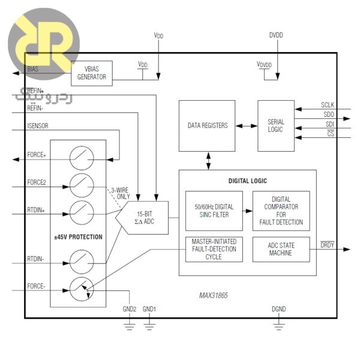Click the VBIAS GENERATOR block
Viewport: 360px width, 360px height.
[92, 73]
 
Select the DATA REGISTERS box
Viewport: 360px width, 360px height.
[208, 126]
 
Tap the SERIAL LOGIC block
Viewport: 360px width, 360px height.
[276, 126]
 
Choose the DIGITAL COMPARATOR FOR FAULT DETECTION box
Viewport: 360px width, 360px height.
[281, 211]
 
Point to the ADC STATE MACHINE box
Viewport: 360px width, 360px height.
[281, 249]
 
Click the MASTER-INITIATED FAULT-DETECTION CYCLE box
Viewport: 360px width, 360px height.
[214, 249]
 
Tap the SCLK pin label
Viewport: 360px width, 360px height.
[328, 105]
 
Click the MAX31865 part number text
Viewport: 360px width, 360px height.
[214, 296]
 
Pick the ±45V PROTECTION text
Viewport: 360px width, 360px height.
[78, 237]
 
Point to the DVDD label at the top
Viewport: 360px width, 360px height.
[276, 35]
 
